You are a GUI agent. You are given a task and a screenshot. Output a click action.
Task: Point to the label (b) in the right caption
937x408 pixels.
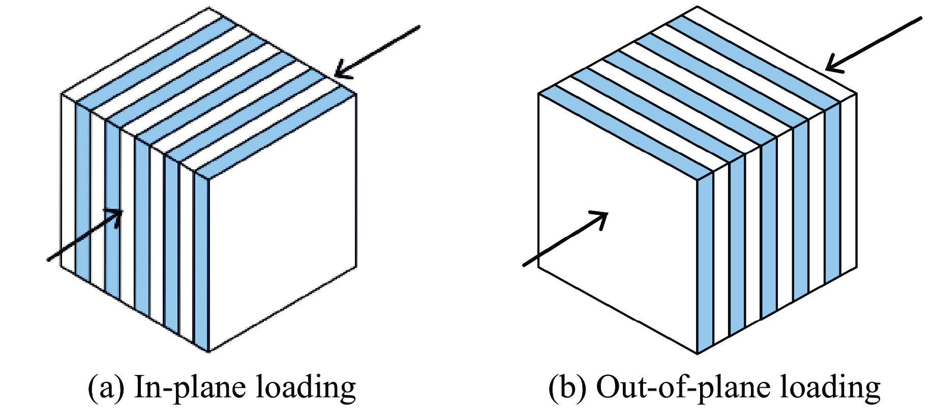(568, 388)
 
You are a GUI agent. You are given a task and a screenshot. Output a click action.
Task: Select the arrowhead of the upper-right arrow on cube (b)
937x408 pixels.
(831, 66)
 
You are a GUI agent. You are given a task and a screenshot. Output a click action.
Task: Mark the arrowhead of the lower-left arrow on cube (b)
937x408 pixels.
(603, 216)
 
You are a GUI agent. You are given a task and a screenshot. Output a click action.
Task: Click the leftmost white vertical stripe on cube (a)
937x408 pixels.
(68, 183)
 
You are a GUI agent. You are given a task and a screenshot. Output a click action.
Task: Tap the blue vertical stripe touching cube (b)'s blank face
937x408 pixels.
(705, 264)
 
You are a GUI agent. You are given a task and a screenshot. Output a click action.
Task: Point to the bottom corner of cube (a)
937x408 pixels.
(209, 351)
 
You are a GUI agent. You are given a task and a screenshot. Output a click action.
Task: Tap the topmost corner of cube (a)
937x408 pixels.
(208, 8)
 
